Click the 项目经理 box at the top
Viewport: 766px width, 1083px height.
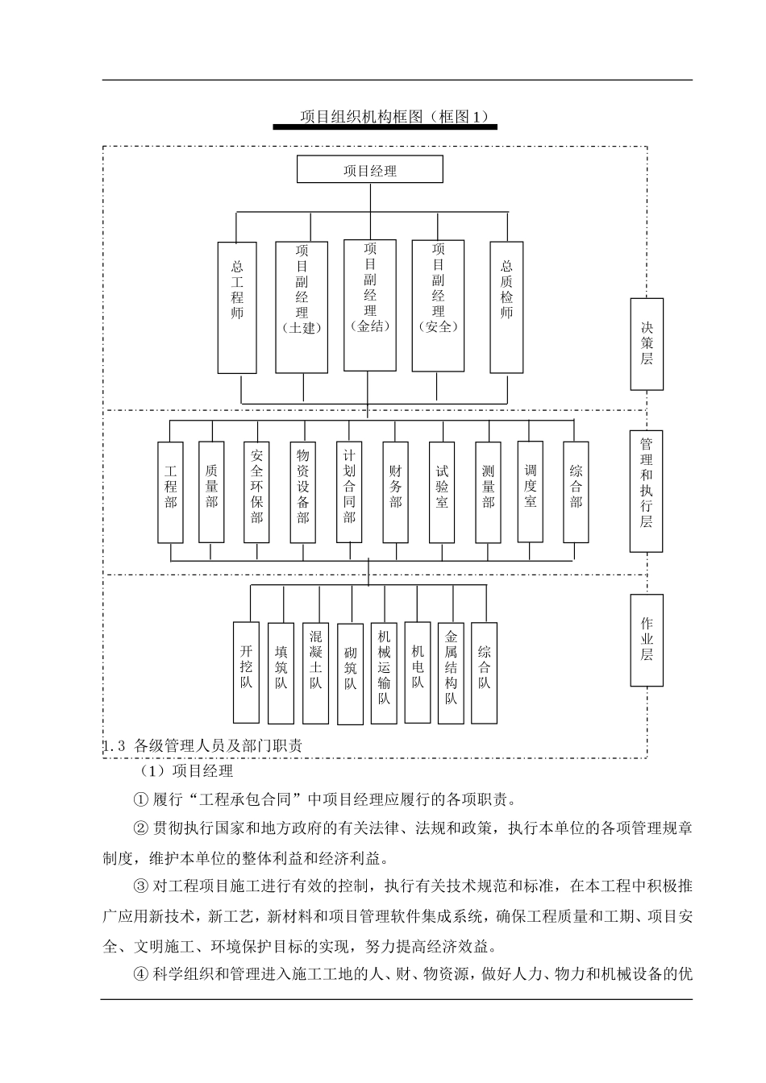tap(370, 170)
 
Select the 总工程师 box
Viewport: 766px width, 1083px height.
tap(237, 307)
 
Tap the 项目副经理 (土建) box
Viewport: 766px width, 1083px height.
tap(302, 307)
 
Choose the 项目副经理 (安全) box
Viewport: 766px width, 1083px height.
tap(438, 305)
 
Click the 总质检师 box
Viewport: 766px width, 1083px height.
tap(506, 307)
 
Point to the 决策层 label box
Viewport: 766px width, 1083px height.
tap(647, 343)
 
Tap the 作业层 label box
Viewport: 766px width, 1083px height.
tap(647, 640)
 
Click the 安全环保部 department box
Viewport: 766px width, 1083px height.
tap(256, 492)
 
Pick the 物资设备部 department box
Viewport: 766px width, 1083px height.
tap(302, 492)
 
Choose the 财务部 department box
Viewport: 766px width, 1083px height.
tap(395, 492)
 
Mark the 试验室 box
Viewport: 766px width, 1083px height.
tap(442, 492)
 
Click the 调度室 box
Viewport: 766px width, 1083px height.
tap(530, 492)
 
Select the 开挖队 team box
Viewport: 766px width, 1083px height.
tap(246, 672)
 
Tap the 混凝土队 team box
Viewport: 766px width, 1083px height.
tap(315, 672)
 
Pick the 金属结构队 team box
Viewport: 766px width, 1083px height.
tap(451, 672)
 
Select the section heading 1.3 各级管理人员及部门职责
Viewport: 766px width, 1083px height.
tap(203, 746)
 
